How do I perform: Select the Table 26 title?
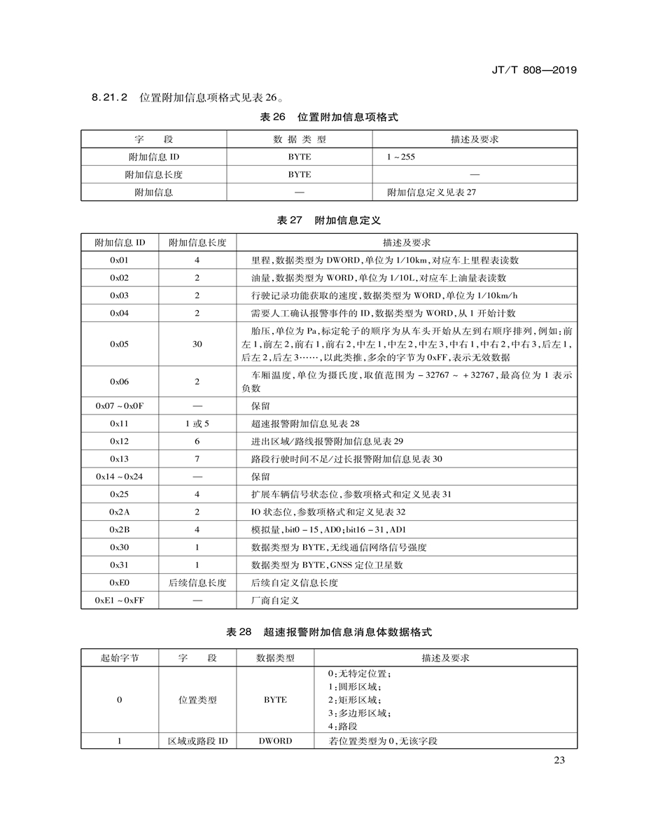pos(329,117)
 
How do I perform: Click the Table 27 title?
pos(329,220)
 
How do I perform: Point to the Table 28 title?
pos(329,632)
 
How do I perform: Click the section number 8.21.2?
pos(109,97)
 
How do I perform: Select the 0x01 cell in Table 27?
pos(120,260)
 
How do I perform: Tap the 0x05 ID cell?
pos(120,344)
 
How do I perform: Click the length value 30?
pos(197,344)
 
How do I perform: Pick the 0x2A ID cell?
pos(120,512)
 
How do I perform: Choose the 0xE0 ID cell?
pos(120,582)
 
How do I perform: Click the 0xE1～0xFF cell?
pos(120,601)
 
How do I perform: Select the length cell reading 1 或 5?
pos(197,423)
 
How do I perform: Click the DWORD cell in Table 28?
pos(275,741)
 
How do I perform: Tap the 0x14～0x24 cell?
pos(120,477)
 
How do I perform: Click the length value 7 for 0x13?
pos(197,459)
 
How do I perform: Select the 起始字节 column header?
pos(120,658)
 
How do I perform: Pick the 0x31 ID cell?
pos(120,565)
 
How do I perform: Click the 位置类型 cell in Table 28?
pos(197,699)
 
